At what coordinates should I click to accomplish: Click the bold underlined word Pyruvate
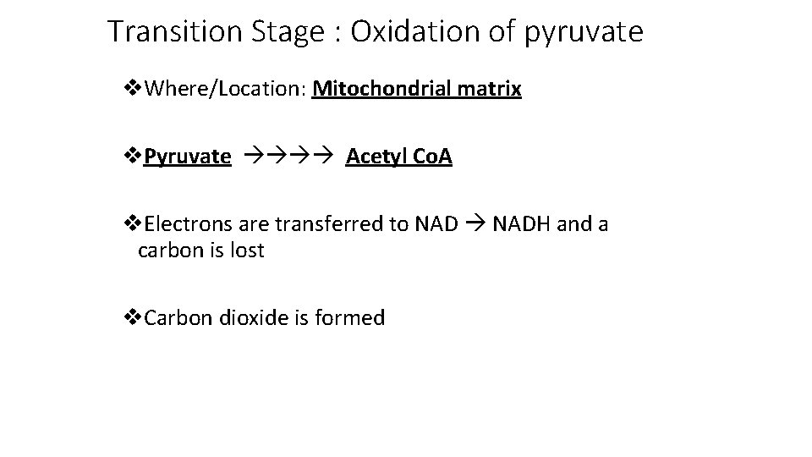(187, 157)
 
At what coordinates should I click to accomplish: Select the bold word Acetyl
(373, 157)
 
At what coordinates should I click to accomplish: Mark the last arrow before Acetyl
(327, 157)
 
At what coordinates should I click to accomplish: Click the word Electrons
(184, 224)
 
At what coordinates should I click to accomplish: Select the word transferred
(333, 224)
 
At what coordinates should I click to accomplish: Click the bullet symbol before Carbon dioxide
(131, 318)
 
